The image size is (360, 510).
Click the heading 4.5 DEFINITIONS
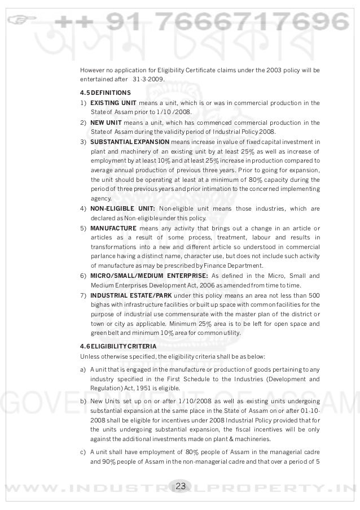[x=106, y=92]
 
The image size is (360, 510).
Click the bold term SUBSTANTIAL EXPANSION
[x=129, y=142]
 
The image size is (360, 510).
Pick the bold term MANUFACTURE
[x=113, y=228]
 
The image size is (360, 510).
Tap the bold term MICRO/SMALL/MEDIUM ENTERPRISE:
[x=149, y=276]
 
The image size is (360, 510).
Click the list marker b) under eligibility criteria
[x=83, y=400]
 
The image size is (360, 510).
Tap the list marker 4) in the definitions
[x=83, y=208]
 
